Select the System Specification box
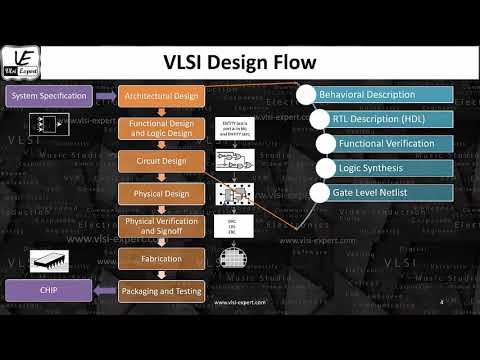(50, 97)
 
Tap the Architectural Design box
(162, 97)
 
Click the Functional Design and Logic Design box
(162, 128)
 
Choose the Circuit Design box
(162, 160)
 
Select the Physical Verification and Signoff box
(162, 226)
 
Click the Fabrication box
(162, 258)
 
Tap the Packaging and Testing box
(162, 291)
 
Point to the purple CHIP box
(50, 291)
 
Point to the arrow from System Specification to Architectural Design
(105, 97)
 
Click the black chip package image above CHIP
(51, 263)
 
